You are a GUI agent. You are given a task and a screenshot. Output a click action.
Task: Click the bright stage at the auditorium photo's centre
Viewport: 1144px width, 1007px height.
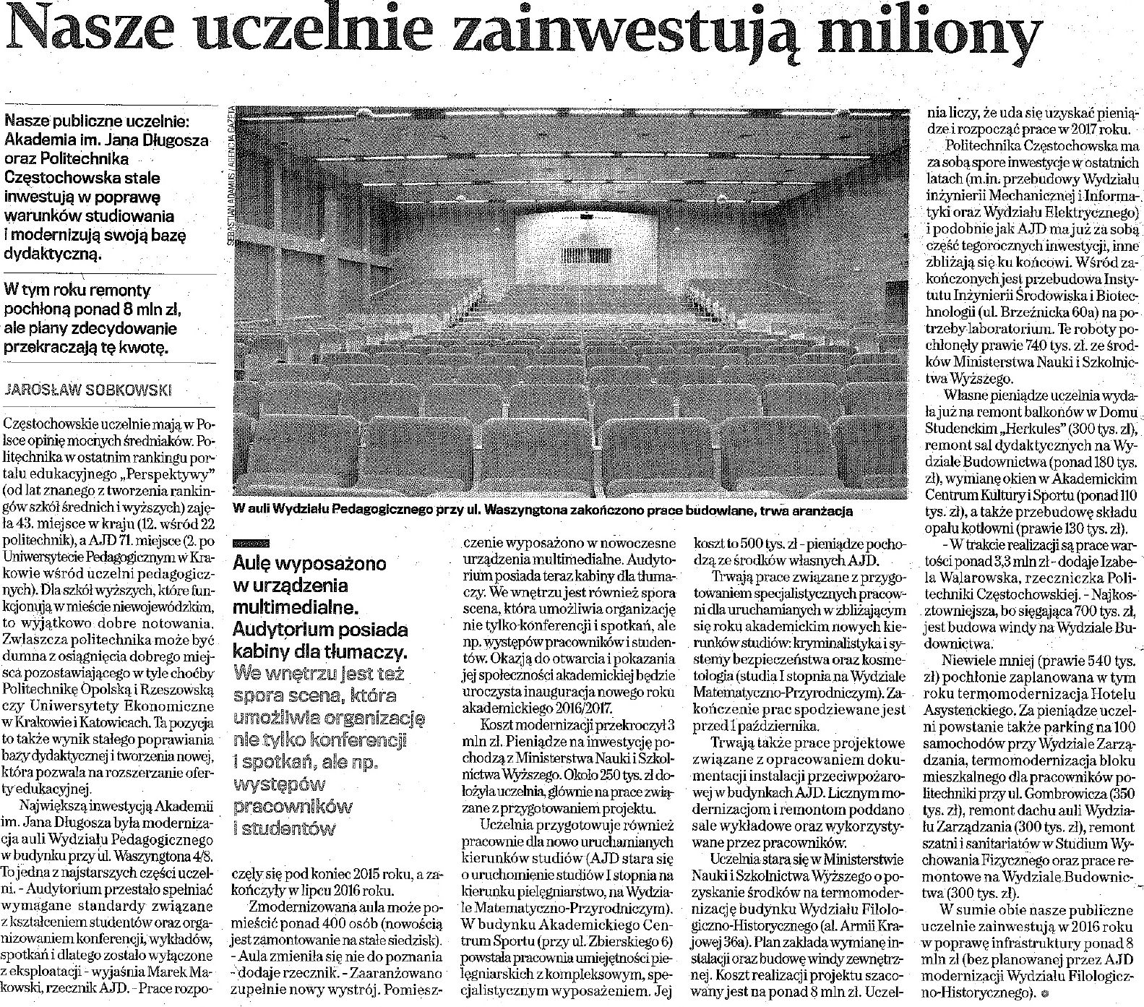(x=571, y=246)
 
